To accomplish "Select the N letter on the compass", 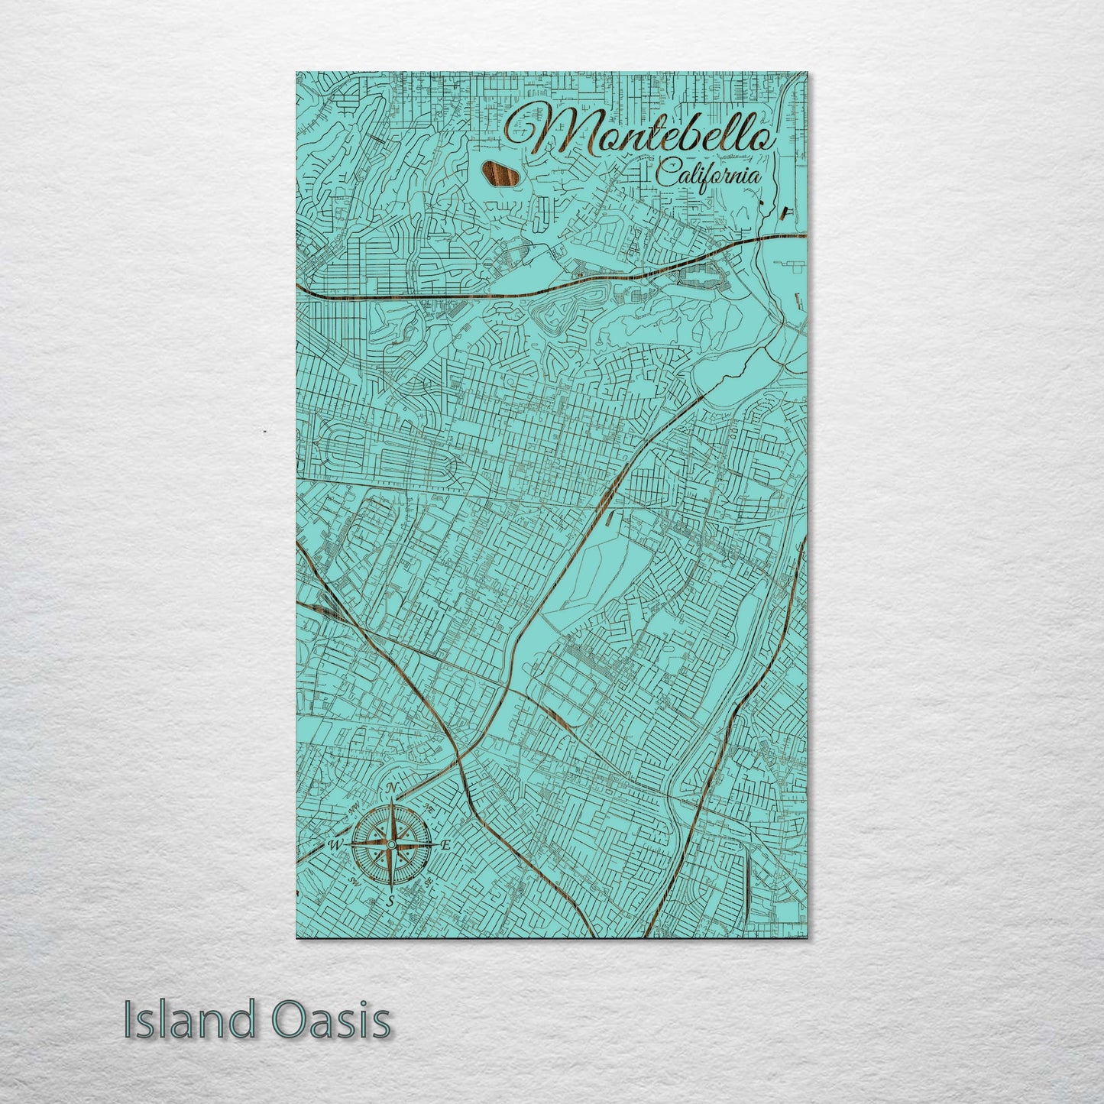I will pos(392,788).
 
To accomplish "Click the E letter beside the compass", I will pos(447,844).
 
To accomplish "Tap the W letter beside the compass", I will pos(335,845).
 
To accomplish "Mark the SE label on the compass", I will pos(429,882).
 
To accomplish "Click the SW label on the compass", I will pos(354,882).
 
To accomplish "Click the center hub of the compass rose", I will pos(391,844).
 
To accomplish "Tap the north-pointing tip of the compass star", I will pos(392,802).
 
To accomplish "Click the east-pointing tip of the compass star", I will pos(433,844).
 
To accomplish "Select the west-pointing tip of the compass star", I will pos(350,844).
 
